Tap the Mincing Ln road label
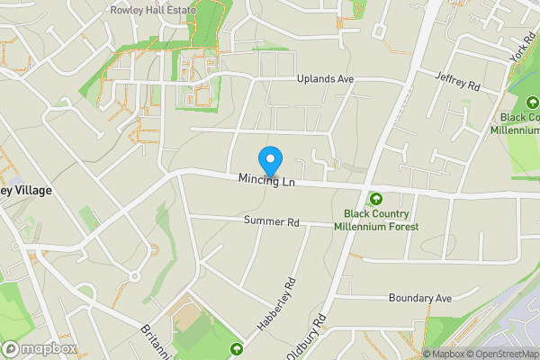point(266,182)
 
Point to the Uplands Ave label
point(326,79)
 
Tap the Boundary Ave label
point(418,298)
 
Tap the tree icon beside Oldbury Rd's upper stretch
point(375,199)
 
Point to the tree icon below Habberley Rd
point(237,348)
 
